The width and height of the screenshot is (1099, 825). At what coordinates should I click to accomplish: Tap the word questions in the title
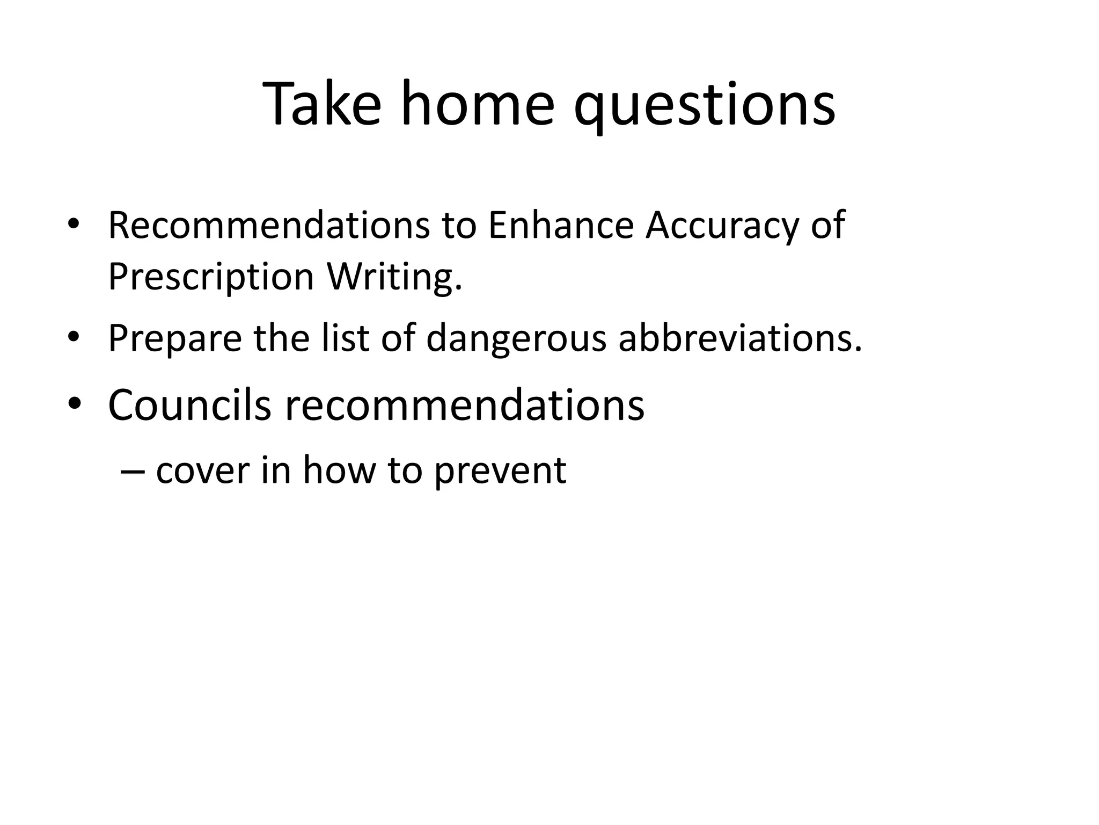tap(704, 105)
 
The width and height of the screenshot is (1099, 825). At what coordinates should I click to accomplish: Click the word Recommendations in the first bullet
tap(269, 225)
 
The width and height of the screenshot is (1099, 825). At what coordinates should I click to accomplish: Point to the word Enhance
tap(561, 225)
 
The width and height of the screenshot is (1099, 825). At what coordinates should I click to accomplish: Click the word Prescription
tap(211, 278)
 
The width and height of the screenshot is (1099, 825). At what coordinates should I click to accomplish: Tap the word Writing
tap(394, 278)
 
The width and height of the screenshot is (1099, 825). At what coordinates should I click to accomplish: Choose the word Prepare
tap(175, 339)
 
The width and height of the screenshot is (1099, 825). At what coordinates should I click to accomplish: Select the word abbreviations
tap(740, 338)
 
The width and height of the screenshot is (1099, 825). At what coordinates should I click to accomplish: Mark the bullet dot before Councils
tap(74, 404)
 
